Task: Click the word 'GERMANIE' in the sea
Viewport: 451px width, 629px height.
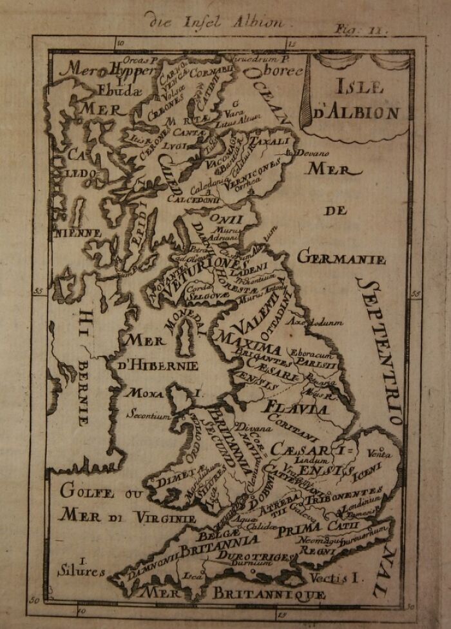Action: coord(341,259)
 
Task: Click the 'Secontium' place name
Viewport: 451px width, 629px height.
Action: coord(149,416)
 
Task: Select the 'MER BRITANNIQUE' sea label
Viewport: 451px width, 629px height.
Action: coord(235,592)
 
